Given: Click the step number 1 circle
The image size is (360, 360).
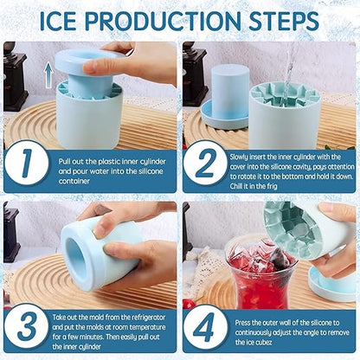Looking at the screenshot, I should (x=30, y=165).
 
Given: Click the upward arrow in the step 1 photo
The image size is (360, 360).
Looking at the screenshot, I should (x=48, y=74).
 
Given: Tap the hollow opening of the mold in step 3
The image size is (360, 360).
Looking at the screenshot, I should (x=75, y=252).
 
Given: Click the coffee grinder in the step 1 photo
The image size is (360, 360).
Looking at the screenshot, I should (x=15, y=74).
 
